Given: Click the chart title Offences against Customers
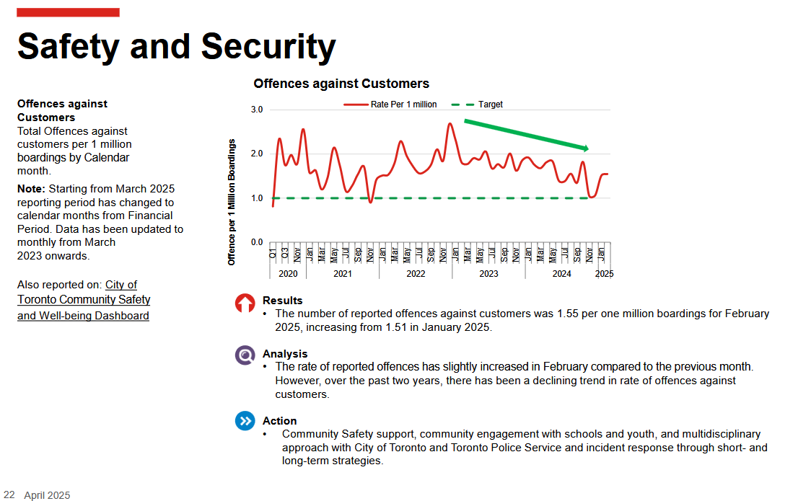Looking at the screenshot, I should pos(341,84).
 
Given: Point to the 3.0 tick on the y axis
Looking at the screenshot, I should pos(257,110).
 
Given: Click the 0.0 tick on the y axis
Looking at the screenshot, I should pos(257,242).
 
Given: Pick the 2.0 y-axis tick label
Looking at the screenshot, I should pos(257,154).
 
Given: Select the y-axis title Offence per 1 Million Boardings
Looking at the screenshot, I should pos(232,201).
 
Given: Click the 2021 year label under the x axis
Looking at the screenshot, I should pos(343,274).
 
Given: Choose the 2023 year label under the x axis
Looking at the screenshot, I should pos(488,274).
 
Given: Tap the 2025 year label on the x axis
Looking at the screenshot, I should pos(604,274).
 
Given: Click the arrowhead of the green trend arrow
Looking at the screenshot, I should pos(585,148).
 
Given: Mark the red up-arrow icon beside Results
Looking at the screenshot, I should pos(245,303).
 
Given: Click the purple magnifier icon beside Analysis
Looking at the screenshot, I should pos(245,355).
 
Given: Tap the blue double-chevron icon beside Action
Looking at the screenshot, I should pos(245,421).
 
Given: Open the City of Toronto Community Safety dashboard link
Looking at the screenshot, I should pos(84,300).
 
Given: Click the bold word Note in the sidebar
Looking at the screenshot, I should pos(31,189).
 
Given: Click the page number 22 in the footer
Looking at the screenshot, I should pos(9,495).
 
